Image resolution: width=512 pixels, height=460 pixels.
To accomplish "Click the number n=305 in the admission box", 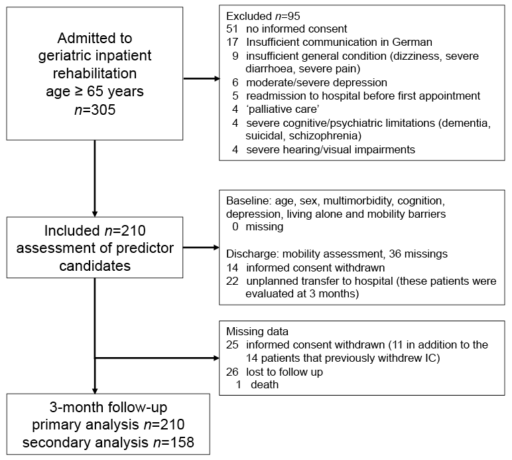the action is pos(95,110).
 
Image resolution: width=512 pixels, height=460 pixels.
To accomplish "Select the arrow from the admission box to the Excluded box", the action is pos(201,78).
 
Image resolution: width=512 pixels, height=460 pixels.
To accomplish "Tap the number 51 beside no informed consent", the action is pos(232,29).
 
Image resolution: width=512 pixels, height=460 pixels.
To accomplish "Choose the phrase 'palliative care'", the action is pos(283,109).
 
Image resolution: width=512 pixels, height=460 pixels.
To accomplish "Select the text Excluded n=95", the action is pos(263,16).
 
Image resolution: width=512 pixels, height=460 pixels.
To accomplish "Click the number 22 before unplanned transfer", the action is pos(232,281).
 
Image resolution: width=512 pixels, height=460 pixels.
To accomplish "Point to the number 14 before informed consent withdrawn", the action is pos(232,268).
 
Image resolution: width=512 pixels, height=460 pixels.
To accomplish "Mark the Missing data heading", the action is pos(257,332).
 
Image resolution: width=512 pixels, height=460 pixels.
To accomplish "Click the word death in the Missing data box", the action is pos(265,384).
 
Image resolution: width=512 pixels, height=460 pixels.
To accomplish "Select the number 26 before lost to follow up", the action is pos(232,372).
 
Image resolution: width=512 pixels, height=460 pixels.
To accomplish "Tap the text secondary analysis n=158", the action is pos(108,442).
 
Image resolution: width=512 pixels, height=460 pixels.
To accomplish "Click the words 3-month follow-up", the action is pos(108,408).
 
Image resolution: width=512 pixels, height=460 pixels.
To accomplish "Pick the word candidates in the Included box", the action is pos(95,266).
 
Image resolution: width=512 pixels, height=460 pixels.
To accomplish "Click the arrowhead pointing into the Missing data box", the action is pos(216,358).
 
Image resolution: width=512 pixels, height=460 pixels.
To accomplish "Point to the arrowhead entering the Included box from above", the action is pos(95,214).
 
